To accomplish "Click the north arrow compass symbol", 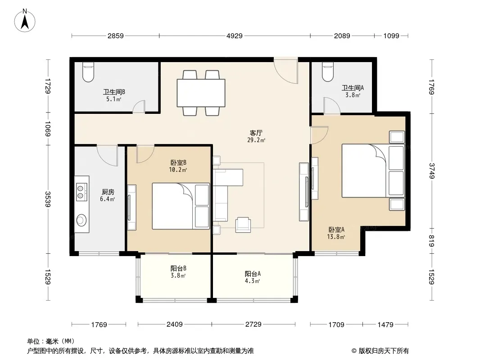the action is point(25,21).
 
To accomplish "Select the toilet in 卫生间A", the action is point(327,72).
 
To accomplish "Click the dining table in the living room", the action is point(201,93).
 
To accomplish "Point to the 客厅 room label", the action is point(256,133).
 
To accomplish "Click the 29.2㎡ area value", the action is point(256,140).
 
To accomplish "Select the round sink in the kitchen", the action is point(82,220).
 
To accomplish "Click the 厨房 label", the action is point(108,192).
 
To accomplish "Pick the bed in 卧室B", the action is point(181,206).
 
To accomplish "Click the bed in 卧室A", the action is point(373,171).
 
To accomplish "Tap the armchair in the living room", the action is point(243,225).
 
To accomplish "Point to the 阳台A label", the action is point(253,274).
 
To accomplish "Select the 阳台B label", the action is point(178,269).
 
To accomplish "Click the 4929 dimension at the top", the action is point(235,36).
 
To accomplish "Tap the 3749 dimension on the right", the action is point(432,171).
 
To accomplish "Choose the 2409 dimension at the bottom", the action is point(175,324).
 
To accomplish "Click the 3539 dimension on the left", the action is point(48,199).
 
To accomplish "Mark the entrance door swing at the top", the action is point(285,70).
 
